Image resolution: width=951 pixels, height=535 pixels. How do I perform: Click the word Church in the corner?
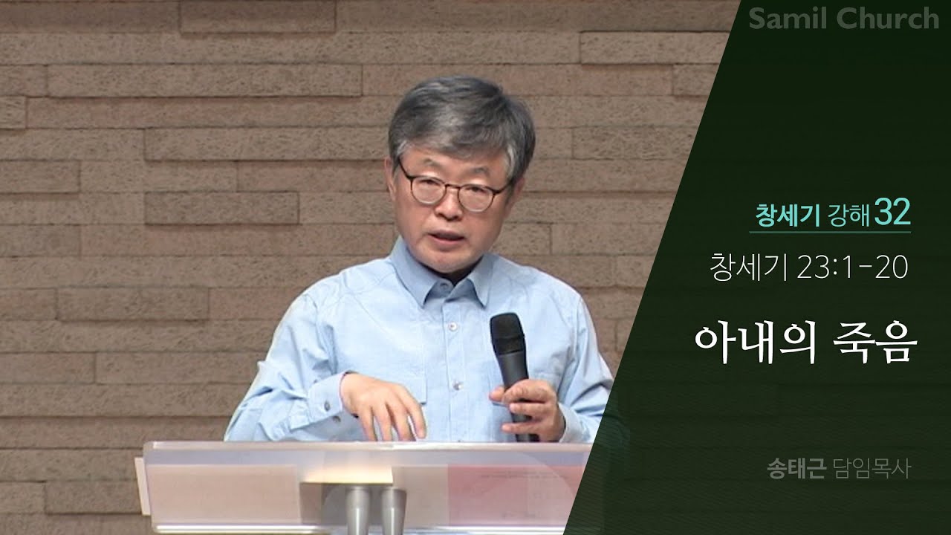tap(889, 19)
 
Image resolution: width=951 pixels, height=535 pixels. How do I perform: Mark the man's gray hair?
tap(461, 119)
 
